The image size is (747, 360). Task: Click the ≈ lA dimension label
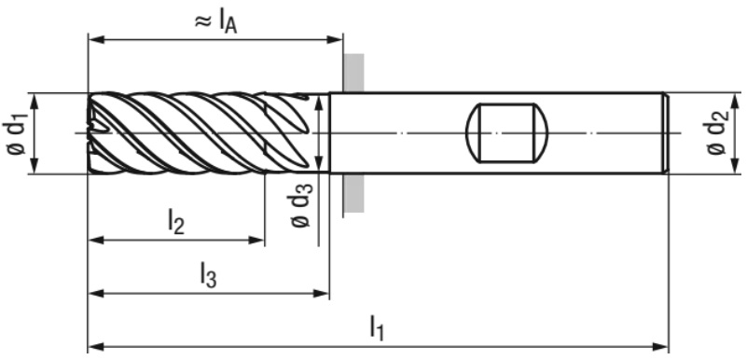pyautogui.click(x=215, y=22)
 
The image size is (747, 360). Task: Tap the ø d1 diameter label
pyautogui.click(x=17, y=132)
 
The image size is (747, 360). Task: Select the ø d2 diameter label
pyautogui.click(x=718, y=132)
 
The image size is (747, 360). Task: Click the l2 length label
pyautogui.click(x=176, y=221)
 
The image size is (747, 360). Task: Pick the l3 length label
pyautogui.click(x=208, y=275)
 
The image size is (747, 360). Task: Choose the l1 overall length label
pyautogui.click(x=377, y=328)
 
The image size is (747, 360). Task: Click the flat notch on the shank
pyautogui.click(x=506, y=132)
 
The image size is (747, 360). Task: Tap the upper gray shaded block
pyautogui.click(x=354, y=73)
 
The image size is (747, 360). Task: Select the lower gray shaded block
pyautogui.click(x=354, y=193)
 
